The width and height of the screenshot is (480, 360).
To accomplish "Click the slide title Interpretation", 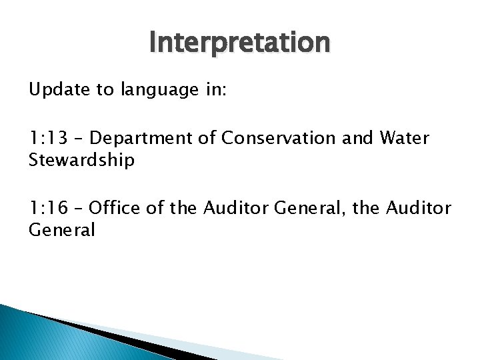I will [x=239, y=42].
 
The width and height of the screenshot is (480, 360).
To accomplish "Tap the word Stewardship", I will [x=81, y=160].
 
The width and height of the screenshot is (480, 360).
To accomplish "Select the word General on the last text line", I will [x=62, y=230].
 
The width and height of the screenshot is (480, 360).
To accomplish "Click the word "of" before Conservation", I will [x=207, y=139].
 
